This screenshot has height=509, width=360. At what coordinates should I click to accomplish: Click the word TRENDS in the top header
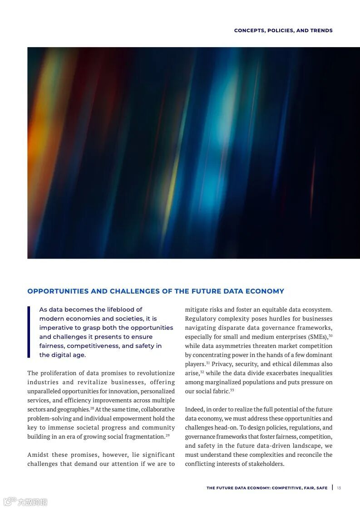point(321,30)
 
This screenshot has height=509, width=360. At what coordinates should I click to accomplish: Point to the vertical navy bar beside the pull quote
point(29,332)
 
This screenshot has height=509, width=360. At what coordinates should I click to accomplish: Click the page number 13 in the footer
point(339,488)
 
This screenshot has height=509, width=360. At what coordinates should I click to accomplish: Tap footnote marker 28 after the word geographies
point(92,408)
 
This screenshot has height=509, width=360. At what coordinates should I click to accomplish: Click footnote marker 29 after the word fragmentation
point(168,435)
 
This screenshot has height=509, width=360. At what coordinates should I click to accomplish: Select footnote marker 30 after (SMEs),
point(330,335)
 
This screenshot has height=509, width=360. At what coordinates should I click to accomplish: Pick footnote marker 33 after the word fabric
point(232,390)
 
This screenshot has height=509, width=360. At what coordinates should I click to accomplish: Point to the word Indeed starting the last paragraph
point(194,409)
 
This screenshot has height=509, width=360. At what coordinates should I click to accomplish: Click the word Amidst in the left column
point(38,455)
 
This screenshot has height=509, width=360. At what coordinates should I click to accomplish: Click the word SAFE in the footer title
point(322,488)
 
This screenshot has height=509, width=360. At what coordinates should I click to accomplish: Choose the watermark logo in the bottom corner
point(25,502)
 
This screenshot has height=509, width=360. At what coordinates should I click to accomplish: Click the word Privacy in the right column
point(221,364)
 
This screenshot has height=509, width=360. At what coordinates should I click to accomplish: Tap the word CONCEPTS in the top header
point(249,30)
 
